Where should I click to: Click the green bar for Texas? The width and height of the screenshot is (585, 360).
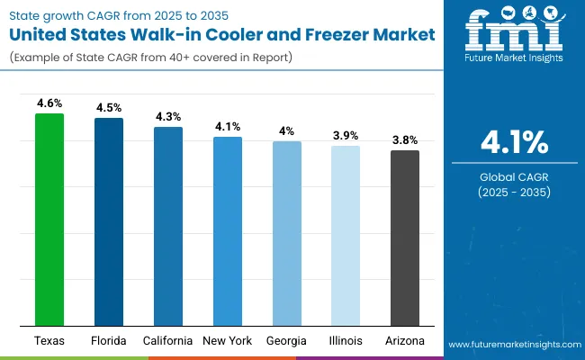(x=49, y=220)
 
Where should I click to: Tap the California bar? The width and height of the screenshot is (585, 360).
(x=168, y=226)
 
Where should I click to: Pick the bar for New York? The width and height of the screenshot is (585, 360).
(x=228, y=231)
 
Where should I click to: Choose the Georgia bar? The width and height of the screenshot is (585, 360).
(x=287, y=233)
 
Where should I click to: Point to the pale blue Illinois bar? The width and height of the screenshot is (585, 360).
(x=346, y=236)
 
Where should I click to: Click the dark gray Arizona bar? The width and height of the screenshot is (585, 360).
(x=405, y=238)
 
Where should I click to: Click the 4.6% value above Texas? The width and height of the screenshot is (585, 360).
(x=49, y=103)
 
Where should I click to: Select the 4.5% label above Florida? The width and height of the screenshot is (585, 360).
(x=109, y=108)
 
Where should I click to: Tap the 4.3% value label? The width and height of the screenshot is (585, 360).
(x=168, y=117)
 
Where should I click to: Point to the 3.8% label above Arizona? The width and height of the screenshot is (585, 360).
(x=405, y=140)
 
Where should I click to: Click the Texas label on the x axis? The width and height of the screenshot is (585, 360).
(x=49, y=341)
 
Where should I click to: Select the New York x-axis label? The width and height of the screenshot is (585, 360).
(x=228, y=341)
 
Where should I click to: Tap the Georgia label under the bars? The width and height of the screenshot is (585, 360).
(x=287, y=341)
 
